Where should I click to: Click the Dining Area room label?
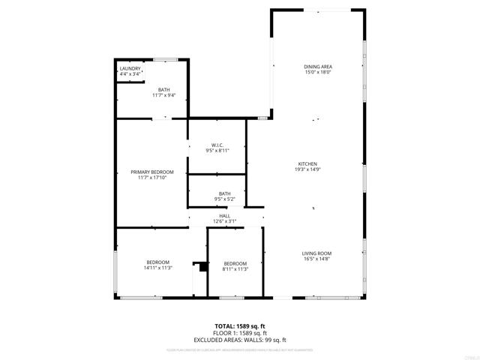click(318, 67)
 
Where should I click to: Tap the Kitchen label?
click(308, 163)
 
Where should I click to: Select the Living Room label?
click(317, 253)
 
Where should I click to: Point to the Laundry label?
click(130, 69)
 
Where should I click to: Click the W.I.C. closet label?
click(217, 145)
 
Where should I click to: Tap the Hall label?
click(225, 215)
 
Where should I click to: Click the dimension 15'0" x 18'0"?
click(318, 73)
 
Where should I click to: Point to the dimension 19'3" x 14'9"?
click(308, 169)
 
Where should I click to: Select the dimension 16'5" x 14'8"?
click(317, 259)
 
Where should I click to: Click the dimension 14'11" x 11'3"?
click(157, 268)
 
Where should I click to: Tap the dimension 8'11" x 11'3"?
click(235, 269)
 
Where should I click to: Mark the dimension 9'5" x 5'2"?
click(225, 199)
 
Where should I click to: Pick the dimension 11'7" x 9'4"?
click(163, 95)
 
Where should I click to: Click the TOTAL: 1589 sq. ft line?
click(240, 326)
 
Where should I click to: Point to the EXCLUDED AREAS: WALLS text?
click(240, 340)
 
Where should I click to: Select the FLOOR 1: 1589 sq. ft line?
click(240, 333)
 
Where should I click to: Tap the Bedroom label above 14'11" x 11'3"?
click(157, 262)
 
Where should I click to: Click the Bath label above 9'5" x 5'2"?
click(225, 193)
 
